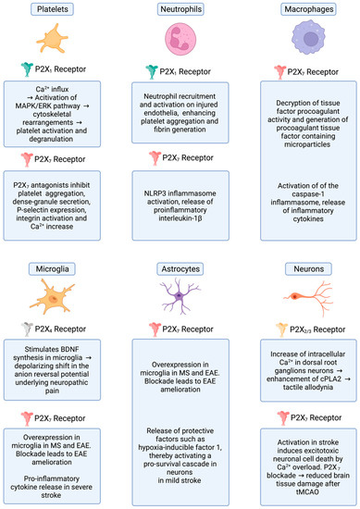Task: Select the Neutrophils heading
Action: [x=180, y=10]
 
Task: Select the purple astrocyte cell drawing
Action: [x=180, y=300]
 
